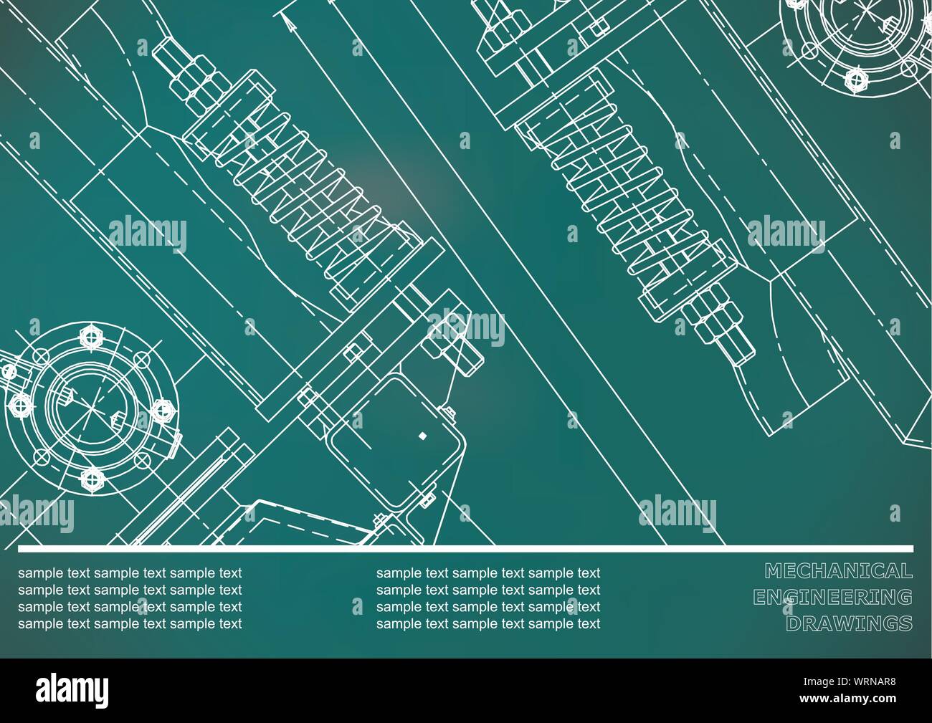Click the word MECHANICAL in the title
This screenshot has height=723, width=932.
838,571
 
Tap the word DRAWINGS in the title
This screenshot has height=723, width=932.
849,623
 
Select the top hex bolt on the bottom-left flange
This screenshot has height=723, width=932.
92,335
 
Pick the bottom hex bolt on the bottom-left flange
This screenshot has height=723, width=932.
91,477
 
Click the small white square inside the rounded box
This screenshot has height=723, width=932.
422,435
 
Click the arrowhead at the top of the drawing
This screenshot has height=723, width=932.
288,23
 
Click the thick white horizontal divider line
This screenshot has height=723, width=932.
466,549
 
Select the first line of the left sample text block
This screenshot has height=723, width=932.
130,573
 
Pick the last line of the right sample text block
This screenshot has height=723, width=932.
488,623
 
